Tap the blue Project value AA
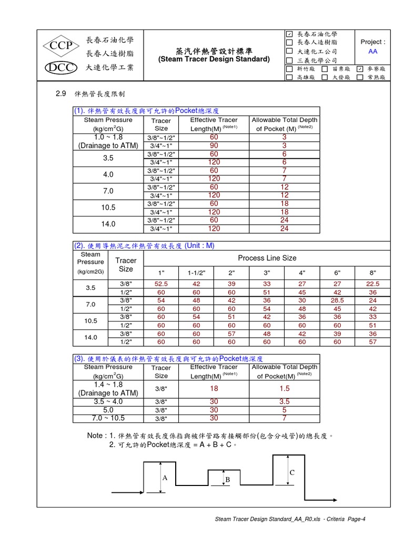tap(372, 51)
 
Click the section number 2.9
tap(60, 94)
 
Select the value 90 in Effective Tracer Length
tap(214, 146)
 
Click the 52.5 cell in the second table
tap(161, 284)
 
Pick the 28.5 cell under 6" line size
tap(337, 301)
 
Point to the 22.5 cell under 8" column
tap(372, 284)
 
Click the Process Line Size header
tap(267, 258)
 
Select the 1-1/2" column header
tap(196, 273)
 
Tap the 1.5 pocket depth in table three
tap(284, 388)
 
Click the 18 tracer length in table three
tap(214, 388)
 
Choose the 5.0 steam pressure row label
tap(108, 410)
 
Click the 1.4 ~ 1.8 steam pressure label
tap(108, 385)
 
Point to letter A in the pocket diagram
tap(165, 478)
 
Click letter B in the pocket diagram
tap(228, 480)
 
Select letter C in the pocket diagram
tap(291, 473)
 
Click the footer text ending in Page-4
tap(290, 520)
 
